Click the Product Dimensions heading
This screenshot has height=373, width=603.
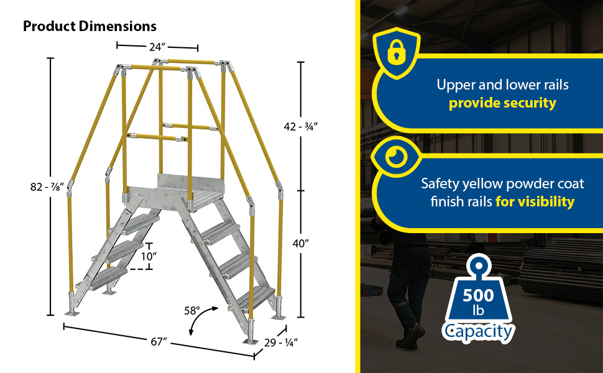[x=90, y=26]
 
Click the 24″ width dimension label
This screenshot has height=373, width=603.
[x=157, y=47]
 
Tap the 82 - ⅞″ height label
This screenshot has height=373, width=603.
[x=47, y=187]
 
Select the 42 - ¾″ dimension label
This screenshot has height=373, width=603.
[x=301, y=127]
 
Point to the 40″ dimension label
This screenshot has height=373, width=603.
[x=301, y=243]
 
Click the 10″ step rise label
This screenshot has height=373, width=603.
[x=149, y=257]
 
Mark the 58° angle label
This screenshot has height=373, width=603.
[x=192, y=310]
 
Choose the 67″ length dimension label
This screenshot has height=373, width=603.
[x=159, y=341]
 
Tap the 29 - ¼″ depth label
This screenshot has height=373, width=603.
[x=281, y=343]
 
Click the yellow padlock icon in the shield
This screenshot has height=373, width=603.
[x=397, y=52]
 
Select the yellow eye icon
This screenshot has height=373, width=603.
[x=397, y=156]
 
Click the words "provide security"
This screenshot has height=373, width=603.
[x=502, y=103]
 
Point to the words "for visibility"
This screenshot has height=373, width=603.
[x=535, y=201]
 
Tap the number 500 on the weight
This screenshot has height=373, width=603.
[x=478, y=295]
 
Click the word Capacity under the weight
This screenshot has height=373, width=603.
[x=478, y=332]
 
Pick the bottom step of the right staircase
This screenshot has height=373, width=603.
[x=255, y=297]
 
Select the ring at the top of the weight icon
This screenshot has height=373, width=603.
[x=478, y=265]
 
